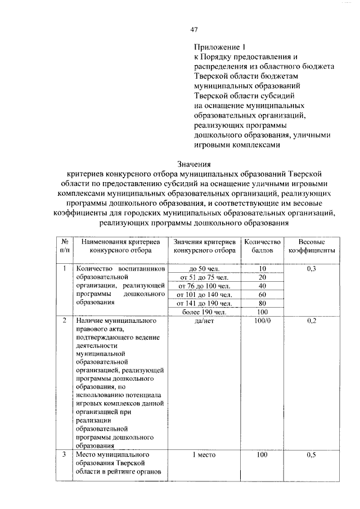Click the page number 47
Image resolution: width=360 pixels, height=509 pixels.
click(x=193, y=30)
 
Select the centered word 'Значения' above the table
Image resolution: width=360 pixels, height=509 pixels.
click(x=193, y=164)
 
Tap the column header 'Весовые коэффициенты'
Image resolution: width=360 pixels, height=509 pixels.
click(x=312, y=245)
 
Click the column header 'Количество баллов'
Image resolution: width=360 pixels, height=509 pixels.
click(x=262, y=245)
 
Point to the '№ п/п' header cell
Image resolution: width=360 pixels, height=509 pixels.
click(x=65, y=245)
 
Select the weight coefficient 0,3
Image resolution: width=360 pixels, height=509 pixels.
click(x=312, y=269)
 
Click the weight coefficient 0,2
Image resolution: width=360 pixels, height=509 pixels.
click(x=312, y=321)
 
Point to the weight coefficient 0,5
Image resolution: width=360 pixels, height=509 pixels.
click(x=312, y=454)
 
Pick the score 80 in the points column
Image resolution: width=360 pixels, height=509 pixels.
click(x=262, y=303)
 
